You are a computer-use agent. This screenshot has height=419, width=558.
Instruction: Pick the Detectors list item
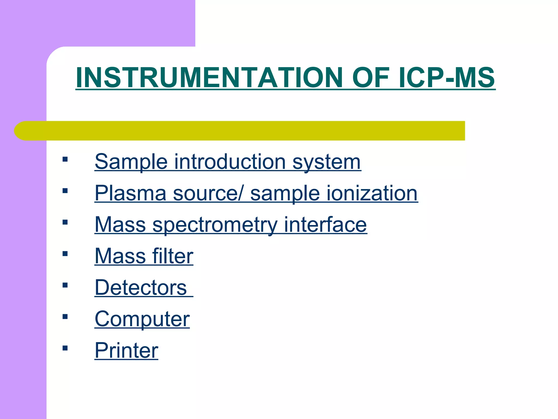pos(141,288)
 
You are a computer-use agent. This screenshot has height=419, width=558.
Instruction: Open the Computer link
pos(142,319)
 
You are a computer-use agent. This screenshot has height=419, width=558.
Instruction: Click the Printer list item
pos(126,350)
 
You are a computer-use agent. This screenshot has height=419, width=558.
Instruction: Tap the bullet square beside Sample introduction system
pos(65,159)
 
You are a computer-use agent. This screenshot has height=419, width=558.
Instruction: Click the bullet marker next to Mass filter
pos(65,254)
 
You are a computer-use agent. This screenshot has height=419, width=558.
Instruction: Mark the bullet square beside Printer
pos(65,348)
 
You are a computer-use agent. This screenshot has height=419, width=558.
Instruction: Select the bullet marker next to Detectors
pos(65,285)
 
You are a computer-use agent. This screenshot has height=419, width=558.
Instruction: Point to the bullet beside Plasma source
pos(65,191)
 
